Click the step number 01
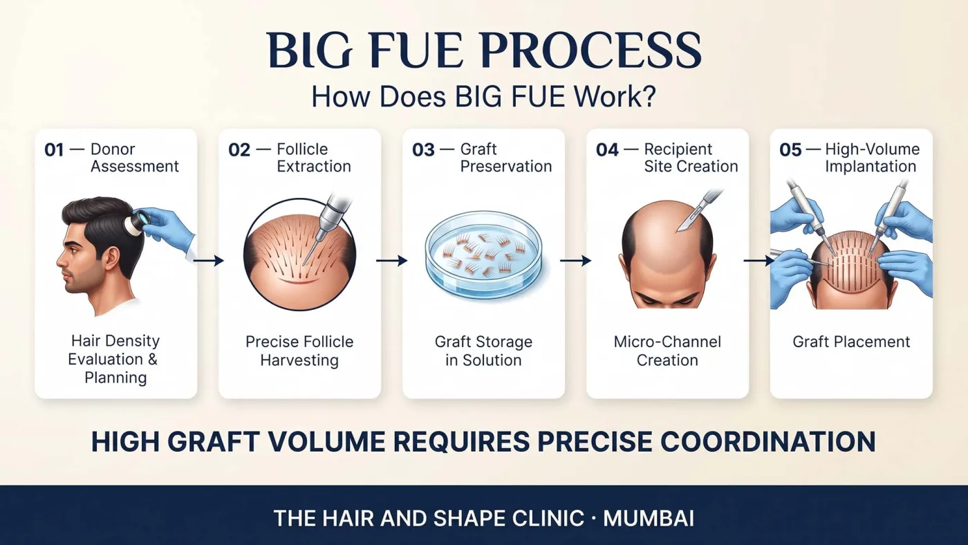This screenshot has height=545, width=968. coord(54,150)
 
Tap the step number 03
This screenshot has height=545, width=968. coord(423,150)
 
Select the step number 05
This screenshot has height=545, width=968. coord(790,150)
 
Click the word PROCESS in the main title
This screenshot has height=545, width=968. coord(591,50)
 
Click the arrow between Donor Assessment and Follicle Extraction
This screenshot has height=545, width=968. coord(208,261)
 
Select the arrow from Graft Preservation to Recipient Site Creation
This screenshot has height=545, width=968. coord(575,261)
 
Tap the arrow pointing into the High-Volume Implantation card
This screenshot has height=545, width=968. coord(759,261)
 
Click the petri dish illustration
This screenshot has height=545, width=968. coord(483,255)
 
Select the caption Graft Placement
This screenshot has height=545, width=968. coord(851,342)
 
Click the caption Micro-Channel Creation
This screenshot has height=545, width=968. coord(667,351)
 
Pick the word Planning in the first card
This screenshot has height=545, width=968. coord(116,378)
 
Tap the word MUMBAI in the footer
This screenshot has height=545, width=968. coord(649,518)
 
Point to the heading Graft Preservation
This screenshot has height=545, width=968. coord(506,158)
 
